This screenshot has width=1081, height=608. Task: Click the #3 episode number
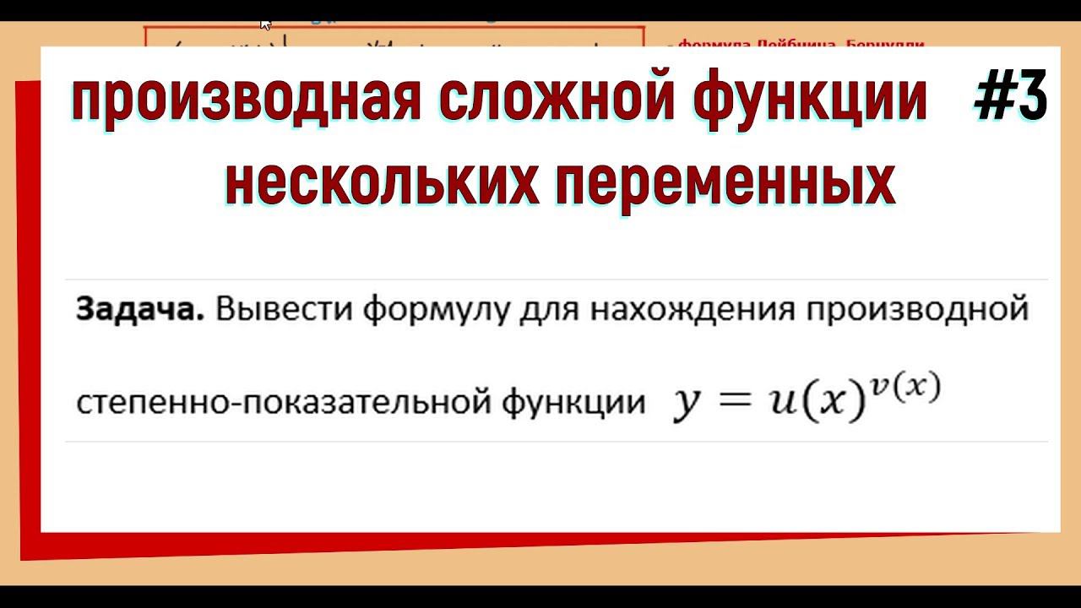point(1010,99)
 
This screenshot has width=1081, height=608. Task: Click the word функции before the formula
point(573,402)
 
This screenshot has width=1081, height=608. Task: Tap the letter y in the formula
point(683,405)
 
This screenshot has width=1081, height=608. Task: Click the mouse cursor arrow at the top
point(265,24)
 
